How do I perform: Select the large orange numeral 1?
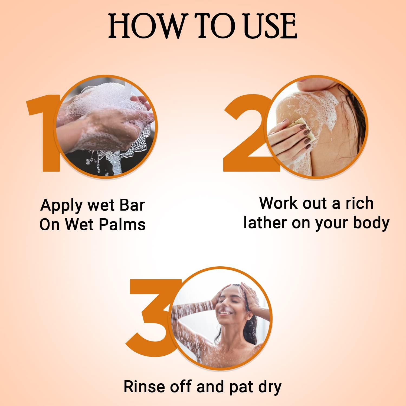click(43, 133)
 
